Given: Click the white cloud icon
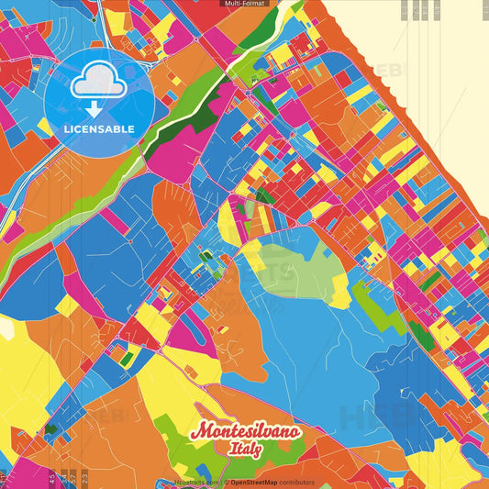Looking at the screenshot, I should coord(98,83).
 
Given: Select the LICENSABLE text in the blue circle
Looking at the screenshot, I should coord(98,128).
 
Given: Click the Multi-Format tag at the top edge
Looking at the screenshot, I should coord(244,4).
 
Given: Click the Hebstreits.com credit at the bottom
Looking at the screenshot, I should coord(195,482).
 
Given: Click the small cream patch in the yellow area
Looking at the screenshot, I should coord(7,328).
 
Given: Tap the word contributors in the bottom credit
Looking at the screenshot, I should coord(297,482).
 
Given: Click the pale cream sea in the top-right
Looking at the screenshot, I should coord(422,55).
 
